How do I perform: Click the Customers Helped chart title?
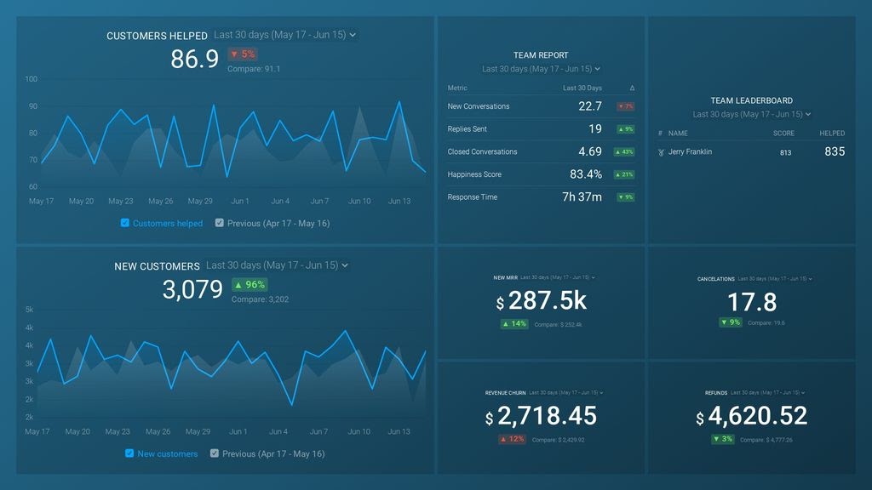tap(157, 36)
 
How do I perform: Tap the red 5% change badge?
tap(242, 54)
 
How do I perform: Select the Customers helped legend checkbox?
tap(125, 223)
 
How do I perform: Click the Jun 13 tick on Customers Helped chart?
tap(399, 202)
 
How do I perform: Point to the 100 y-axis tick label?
tap(32, 79)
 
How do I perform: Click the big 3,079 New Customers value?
tap(192, 289)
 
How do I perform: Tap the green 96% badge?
tap(250, 285)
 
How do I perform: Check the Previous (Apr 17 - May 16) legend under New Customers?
tap(215, 453)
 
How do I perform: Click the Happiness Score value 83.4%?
tap(585, 174)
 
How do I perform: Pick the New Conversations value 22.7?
tap(589, 106)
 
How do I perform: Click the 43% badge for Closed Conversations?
tap(625, 152)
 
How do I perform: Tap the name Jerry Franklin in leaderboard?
tap(690, 151)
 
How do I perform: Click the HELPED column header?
tap(832, 134)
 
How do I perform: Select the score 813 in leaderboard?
tap(784, 152)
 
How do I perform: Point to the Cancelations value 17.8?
tap(752, 302)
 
